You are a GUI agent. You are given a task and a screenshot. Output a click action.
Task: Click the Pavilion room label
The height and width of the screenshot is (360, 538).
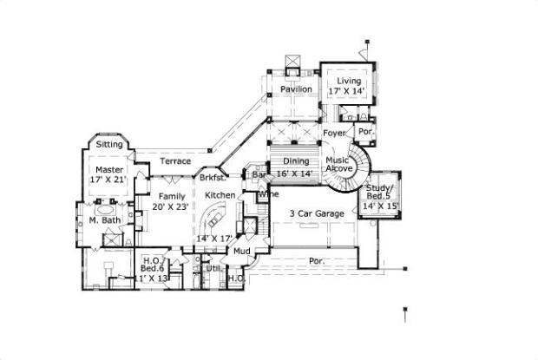296,89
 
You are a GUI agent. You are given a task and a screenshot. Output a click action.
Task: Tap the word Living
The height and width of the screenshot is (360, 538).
349,81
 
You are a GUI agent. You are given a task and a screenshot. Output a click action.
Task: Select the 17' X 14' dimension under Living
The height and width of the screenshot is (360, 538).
349,90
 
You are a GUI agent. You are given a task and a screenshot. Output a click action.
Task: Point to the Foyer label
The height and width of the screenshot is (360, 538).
334,133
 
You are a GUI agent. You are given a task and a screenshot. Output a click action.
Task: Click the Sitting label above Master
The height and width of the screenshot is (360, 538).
109,143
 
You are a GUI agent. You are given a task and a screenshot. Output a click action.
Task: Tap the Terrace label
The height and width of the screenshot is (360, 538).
175,161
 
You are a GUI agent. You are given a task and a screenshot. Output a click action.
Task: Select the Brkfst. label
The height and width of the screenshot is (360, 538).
213,178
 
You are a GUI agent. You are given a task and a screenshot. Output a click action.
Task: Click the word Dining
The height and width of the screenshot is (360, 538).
297,161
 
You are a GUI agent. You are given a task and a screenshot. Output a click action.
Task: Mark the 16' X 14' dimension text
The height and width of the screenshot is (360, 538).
295,173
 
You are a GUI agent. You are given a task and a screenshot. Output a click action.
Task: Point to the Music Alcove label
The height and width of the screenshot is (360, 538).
338,166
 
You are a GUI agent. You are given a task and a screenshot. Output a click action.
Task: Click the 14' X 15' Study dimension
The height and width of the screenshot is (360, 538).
379,206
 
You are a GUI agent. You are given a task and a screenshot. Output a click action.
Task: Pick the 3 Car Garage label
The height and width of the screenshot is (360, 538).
318,213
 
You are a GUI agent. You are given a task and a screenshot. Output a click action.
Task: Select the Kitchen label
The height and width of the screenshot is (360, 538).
220,196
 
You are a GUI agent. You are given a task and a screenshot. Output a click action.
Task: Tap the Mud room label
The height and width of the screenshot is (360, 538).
242,251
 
